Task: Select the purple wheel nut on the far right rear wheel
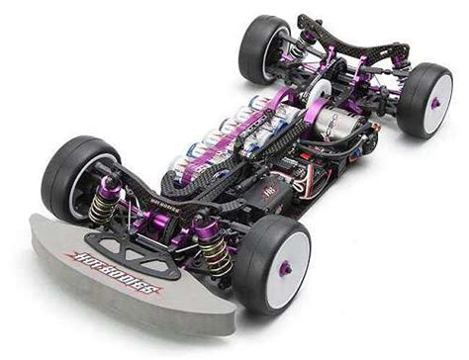coord(436,102)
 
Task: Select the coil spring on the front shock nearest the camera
coord(217,254)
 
